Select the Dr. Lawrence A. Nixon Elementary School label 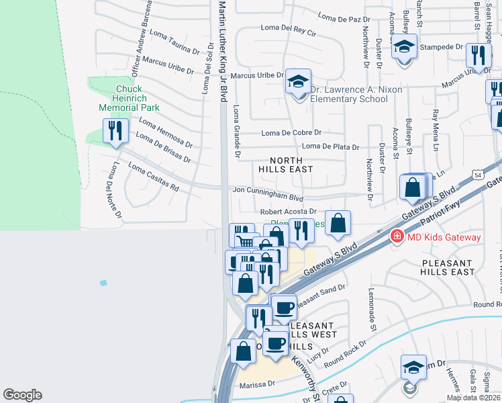347,94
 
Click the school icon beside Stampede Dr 404,48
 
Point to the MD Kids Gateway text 444,238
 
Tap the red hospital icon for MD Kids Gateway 397,237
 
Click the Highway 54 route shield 477,175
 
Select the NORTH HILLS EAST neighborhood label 291,165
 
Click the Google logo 22,395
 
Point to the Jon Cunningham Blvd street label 268,194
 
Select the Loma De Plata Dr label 331,146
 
